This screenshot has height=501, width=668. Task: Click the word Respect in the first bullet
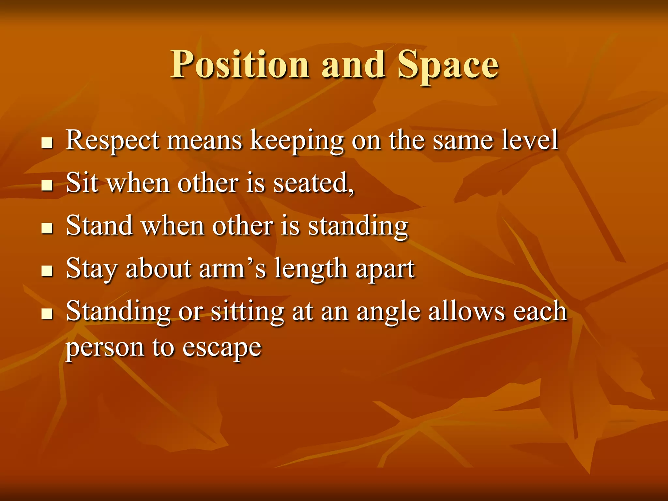click(x=113, y=140)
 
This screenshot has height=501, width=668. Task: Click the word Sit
click(x=82, y=183)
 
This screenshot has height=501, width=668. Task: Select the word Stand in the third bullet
click(x=99, y=225)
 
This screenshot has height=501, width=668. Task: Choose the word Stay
click(x=91, y=269)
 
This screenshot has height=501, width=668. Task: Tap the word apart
click(x=385, y=269)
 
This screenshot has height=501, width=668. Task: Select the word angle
click(x=388, y=312)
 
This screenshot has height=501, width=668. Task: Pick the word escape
click(x=221, y=348)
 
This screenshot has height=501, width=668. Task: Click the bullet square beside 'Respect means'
click(x=47, y=143)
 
